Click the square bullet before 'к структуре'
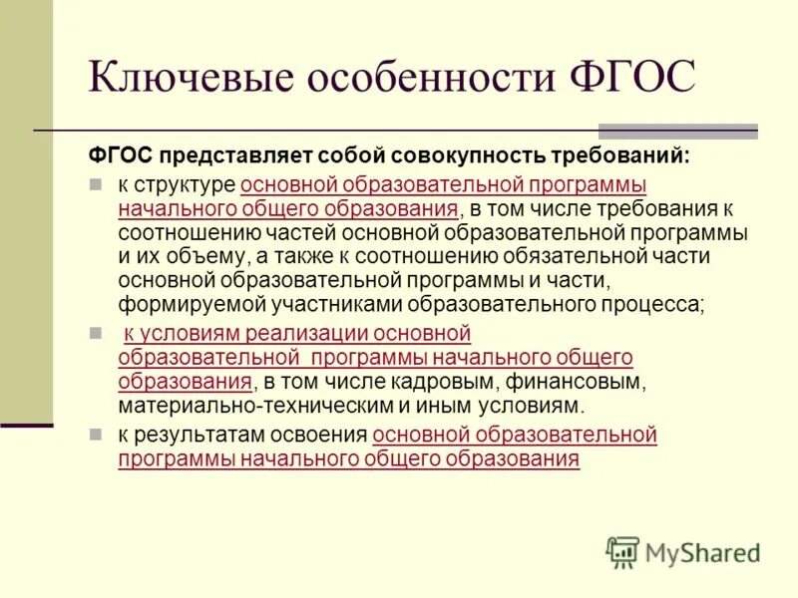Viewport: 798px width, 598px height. [97, 184]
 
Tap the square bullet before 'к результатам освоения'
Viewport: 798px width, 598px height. [97, 435]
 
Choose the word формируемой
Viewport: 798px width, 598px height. [180, 305]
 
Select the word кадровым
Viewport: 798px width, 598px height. [432, 382]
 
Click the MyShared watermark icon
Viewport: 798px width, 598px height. [622, 551]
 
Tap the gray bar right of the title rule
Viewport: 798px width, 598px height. [677, 131]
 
